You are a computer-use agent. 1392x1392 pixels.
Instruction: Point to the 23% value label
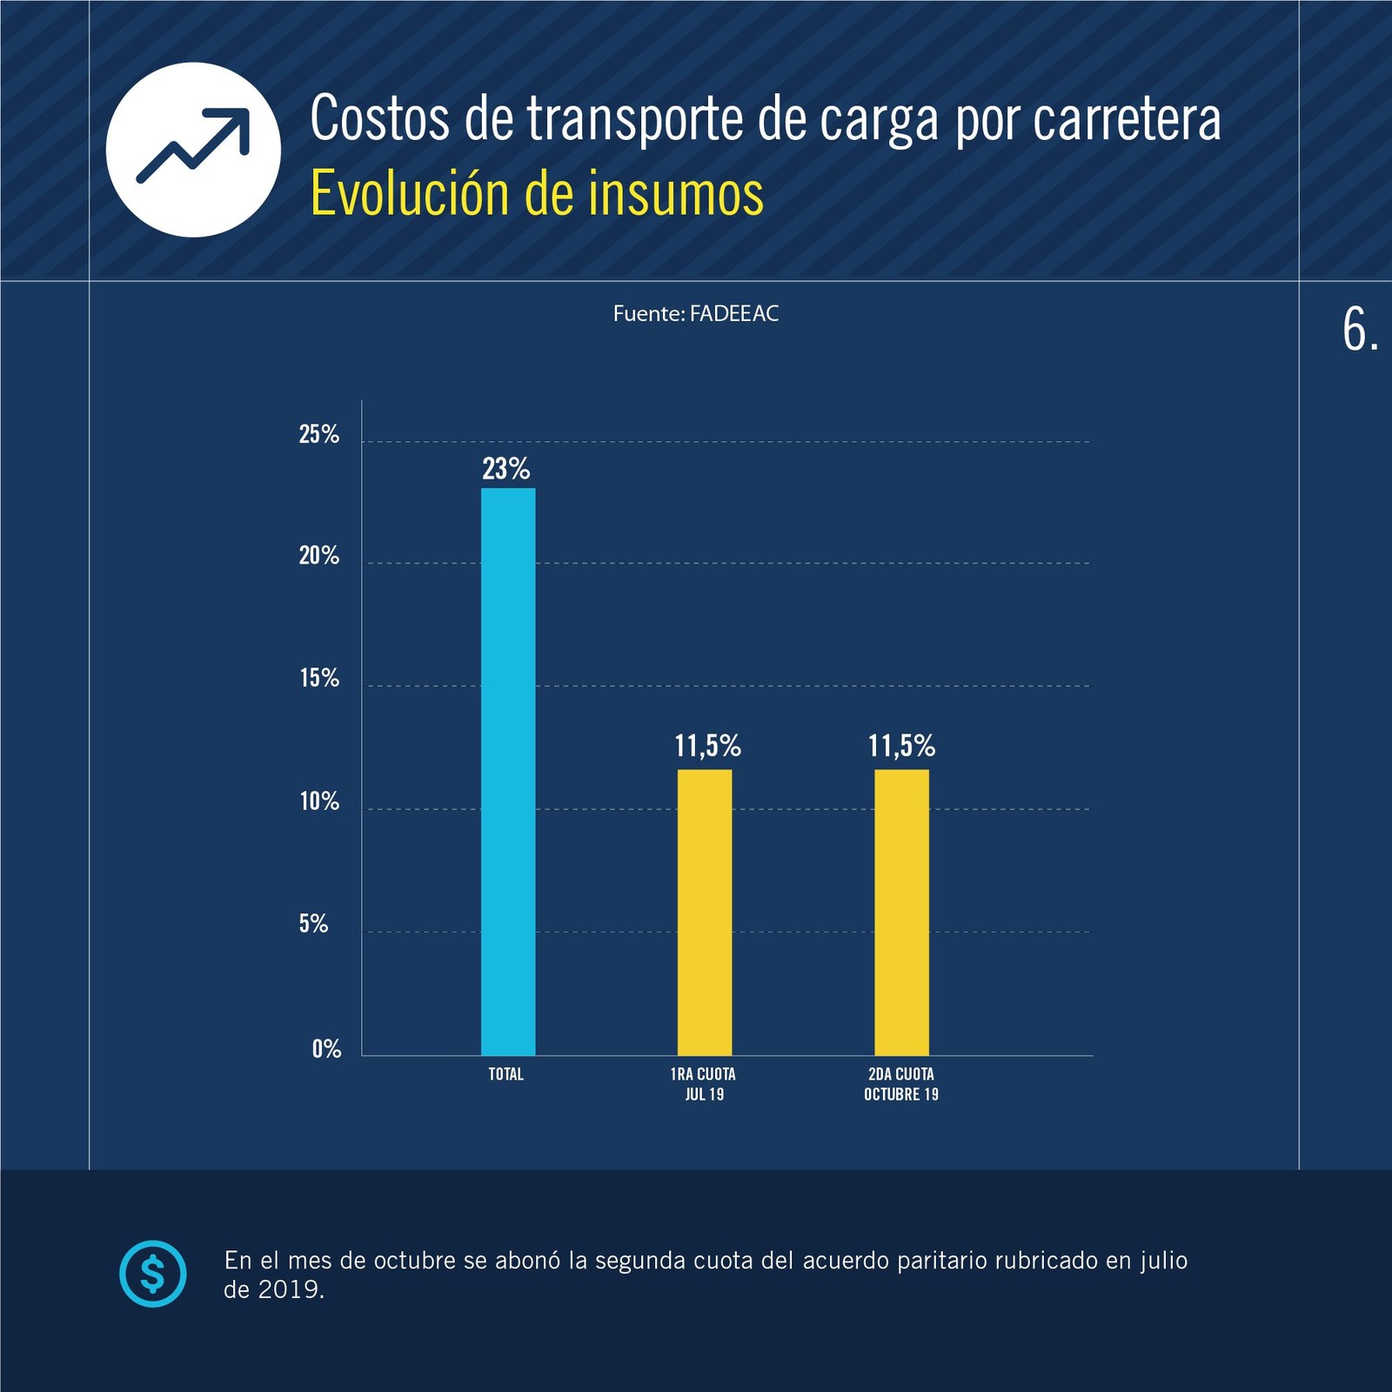[x=506, y=469]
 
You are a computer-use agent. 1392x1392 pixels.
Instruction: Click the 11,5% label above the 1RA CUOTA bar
[x=707, y=746]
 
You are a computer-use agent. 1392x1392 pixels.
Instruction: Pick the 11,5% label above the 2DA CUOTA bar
[x=901, y=746]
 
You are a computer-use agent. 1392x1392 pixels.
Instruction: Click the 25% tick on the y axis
[x=318, y=434]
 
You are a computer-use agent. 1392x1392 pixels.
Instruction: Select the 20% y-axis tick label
[x=318, y=556]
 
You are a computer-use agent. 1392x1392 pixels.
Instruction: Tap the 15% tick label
[x=318, y=679]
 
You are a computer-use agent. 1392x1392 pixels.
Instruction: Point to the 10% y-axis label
[x=318, y=801]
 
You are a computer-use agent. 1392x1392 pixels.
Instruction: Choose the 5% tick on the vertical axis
[x=313, y=924]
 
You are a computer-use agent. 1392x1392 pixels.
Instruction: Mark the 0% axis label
[x=326, y=1048]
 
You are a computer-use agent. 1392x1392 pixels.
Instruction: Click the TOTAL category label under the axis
[x=505, y=1074]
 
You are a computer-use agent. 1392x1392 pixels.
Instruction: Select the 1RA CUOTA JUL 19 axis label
[x=704, y=1084]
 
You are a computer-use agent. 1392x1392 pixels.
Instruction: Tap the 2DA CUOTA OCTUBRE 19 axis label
[x=901, y=1084]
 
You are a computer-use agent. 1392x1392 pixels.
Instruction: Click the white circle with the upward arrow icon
[x=193, y=150]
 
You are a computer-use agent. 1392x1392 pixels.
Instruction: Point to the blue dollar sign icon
[x=153, y=1274]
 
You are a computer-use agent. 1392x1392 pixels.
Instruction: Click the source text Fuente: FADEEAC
[x=696, y=314]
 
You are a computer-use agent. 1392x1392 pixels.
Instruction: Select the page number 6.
[x=1359, y=331]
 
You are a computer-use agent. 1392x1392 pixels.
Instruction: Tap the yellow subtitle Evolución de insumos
[x=537, y=193]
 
